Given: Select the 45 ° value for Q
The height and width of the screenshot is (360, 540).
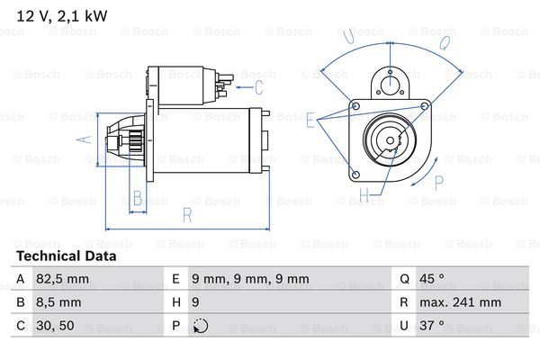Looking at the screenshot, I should point(437,279).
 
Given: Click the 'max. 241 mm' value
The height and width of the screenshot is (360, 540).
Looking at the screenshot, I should point(462,302).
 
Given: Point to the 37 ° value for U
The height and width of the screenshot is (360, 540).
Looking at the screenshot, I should point(437,326).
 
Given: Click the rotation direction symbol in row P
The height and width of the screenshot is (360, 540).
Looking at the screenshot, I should point(201,326).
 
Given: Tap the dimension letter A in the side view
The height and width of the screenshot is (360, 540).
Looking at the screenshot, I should point(85,139).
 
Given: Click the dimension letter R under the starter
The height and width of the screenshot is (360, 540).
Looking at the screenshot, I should point(186,214).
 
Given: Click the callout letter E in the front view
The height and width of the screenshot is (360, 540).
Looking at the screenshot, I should point(310,120).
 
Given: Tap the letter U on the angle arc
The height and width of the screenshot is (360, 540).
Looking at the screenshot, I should point(348,35).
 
